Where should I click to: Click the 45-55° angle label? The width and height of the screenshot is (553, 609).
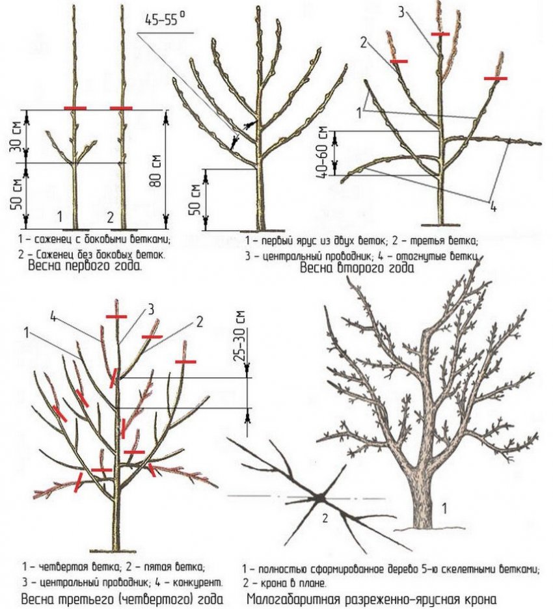point(166,19)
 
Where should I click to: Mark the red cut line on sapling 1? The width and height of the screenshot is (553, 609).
point(75,108)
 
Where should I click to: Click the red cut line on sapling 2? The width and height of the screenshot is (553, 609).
point(121,108)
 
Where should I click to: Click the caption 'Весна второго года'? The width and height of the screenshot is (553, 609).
point(357,268)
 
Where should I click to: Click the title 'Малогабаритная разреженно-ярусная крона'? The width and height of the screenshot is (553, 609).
point(371,599)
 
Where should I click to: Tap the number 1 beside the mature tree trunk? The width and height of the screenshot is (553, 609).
point(444,508)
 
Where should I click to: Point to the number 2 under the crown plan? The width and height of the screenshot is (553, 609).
point(325,518)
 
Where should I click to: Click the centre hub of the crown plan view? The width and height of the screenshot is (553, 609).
point(321,498)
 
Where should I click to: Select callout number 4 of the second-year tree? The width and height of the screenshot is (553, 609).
point(492,208)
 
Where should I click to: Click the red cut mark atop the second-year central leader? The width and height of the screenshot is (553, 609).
point(440,34)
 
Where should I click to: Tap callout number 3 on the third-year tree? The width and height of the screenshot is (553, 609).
point(151,310)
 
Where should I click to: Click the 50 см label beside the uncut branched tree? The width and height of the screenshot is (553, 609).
point(195,199)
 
